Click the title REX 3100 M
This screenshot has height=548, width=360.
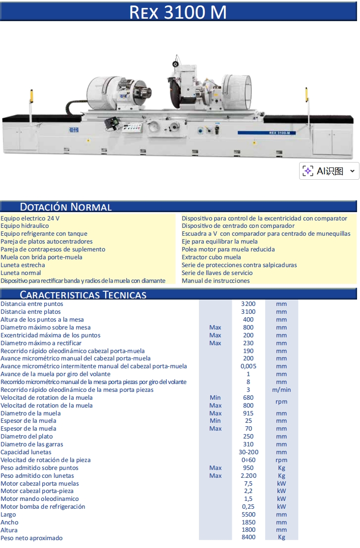pyautogui.click(x=178, y=12)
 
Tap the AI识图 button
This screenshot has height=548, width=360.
pyautogui.click(x=329, y=171)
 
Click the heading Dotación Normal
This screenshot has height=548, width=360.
pyautogui.click(x=66, y=207)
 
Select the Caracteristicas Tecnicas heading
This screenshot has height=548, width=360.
pyautogui.click(x=83, y=295)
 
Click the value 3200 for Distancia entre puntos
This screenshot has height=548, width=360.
pyautogui.click(x=248, y=304)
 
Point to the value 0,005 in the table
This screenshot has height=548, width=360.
pyautogui.click(x=248, y=366)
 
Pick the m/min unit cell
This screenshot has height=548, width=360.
pyautogui.click(x=281, y=390)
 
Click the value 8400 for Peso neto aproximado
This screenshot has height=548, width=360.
pyautogui.click(x=248, y=537)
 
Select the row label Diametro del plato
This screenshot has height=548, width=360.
pyautogui.click(x=27, y=437)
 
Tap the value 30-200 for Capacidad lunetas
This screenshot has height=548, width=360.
pyautogui.click(x=248, y=452)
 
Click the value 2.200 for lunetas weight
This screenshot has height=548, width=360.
pyautogui.click(x=248, y=476)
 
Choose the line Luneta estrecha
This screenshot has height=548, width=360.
pyautogui.click(x=23, y=265)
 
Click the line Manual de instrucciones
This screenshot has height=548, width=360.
pyautogui.click(x=216, y=281)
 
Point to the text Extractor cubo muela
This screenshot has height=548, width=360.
pyautogui.click(x=211, y=257)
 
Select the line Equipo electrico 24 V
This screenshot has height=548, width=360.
pyautogui.click(x=30, y=219)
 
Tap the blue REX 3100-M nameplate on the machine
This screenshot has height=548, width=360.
pyautogui.click(x=267, y=133)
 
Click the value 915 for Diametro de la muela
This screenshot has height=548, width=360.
pyautogui.click(x=248, y=413)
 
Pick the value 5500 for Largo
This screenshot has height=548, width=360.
pyautogui.click(x=248, y=515)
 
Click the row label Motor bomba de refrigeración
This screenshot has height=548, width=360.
pyautogui.click(x=43, y=507)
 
